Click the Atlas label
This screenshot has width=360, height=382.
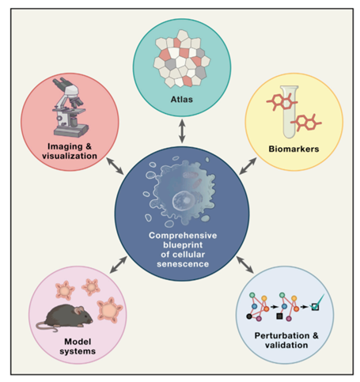[x=182, y=100]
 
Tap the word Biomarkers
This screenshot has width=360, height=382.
[x=294, y=149]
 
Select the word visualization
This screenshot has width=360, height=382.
[x=70, y=156]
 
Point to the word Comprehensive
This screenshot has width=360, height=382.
[x=183, y=236]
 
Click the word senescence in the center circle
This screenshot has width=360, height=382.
[x=183, y=264]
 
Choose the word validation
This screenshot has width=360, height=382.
[x=286, y=345]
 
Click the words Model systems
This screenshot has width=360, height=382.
[x=78, y=346]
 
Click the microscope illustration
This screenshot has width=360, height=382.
[x=69, y=108]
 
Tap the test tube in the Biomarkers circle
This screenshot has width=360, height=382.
[x=290, y=112]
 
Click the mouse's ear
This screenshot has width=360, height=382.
[x=79, y=310]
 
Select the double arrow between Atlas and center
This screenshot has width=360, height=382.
[x=182, y=131]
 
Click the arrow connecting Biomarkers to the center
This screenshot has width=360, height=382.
[x=248, y=166]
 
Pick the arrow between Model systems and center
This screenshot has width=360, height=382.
[x=119, y=265]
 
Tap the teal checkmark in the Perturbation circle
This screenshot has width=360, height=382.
[x=318, y=302]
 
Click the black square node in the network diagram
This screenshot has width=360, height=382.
[x=279, y=316]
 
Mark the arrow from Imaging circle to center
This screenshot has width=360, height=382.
[x=115, y=166]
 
